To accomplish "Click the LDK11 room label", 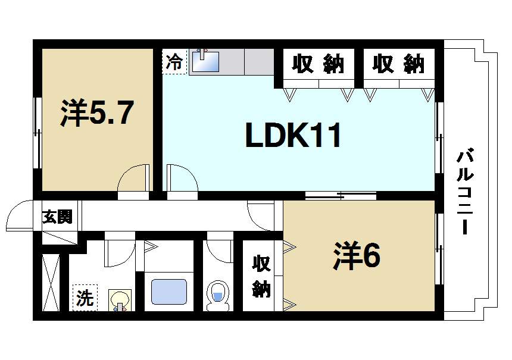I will tap(294, 137).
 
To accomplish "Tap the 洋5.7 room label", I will tap(95, 114).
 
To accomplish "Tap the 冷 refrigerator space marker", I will tap(174, 62).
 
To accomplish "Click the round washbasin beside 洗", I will tap(120, 299).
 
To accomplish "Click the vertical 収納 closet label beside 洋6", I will tap(261, 276).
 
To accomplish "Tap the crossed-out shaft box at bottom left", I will tap(51, 282).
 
